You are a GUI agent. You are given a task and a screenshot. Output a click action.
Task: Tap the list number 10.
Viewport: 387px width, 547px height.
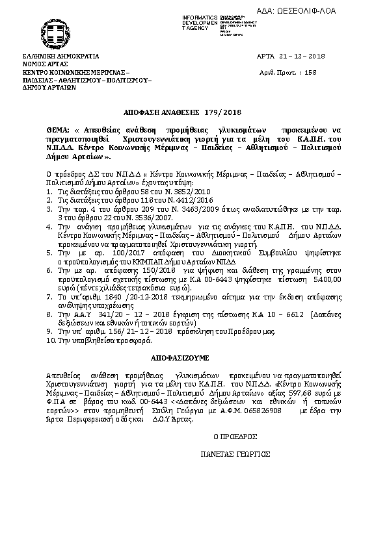pos(50,339)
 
